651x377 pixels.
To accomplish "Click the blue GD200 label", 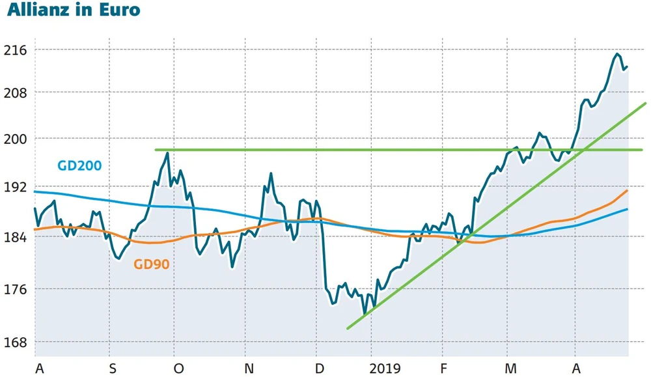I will (79, 165).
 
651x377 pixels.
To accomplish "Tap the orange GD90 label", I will (154, 264).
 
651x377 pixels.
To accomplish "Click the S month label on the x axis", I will (113, 369).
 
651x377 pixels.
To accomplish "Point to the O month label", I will (178, 369).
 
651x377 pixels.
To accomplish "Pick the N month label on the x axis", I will (248, 369).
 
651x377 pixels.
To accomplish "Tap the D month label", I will (319, 369).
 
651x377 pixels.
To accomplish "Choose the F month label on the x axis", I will (443, 369).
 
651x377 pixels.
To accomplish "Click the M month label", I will (511, 369).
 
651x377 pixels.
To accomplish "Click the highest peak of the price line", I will (617, 53).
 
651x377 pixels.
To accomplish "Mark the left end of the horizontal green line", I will (156, 150).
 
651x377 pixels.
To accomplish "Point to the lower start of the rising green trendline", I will (348, 329).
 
